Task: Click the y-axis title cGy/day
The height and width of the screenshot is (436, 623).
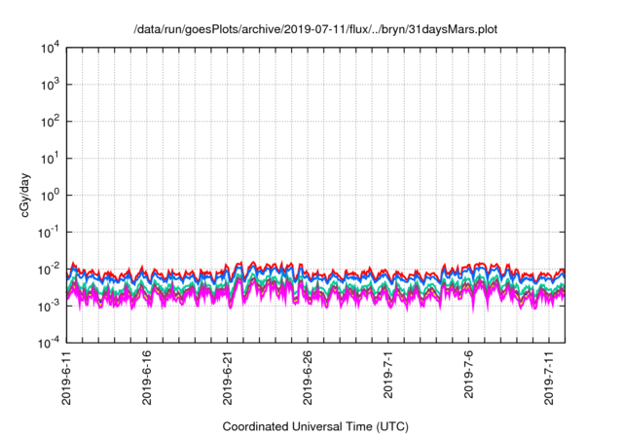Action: pos(22,195)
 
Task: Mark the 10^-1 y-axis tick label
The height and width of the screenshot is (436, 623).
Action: pos(49,232)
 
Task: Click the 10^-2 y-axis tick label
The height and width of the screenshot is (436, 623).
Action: pos(49,269)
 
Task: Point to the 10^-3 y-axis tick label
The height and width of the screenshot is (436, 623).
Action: pos(49,306)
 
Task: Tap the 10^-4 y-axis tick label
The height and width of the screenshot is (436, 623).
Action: pos(49,343)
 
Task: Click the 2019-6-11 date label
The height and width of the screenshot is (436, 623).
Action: pos(66,378)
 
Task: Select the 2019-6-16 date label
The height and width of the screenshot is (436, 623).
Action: pos(147,378)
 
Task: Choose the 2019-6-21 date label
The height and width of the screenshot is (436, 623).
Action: pos(228,378)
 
